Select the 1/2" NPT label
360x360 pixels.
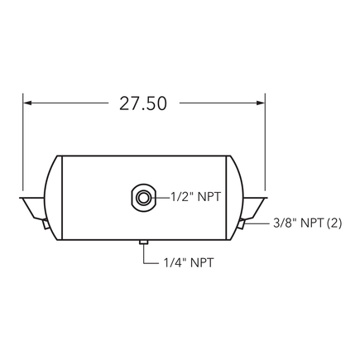[196, 198]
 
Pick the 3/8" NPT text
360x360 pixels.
[299, 223]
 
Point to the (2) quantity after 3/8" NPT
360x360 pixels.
[334, 223]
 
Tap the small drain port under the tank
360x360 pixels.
[143, 242]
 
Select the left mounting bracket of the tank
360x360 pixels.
[33, 205]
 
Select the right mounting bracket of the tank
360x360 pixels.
[253, 205]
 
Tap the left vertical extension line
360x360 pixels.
[23, 141]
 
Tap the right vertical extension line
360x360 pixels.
[264, 141]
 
